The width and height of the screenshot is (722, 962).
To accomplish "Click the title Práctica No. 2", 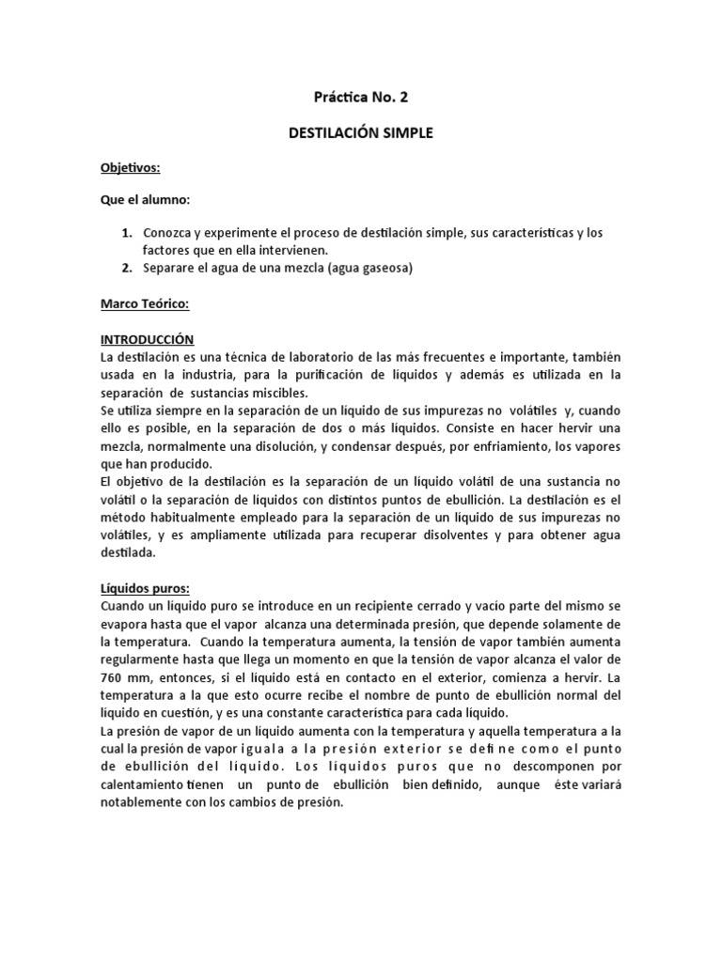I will point(361,96).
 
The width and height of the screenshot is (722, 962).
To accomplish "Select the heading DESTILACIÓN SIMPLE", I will point(361,133).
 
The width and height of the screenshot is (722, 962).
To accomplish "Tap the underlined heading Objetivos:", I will point(131,168).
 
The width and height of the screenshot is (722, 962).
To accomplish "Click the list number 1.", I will point(125,232).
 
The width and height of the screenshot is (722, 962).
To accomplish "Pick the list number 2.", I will point(125,268).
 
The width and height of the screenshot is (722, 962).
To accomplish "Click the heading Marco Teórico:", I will point(146,304).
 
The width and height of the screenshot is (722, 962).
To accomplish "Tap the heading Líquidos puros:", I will point(145,588).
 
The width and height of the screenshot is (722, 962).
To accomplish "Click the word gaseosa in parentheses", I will point(385,268).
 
